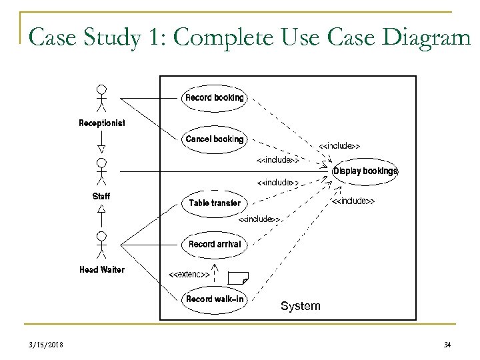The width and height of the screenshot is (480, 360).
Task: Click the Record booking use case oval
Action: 214,98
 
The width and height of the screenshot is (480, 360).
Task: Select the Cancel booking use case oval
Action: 214,139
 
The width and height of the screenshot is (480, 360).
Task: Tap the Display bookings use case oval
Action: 365,171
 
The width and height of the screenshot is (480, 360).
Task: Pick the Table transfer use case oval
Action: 214,203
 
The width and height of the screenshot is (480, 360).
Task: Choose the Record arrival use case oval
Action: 214,244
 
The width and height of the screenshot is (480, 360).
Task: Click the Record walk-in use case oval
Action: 214,299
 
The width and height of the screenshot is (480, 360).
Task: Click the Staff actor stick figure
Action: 101,171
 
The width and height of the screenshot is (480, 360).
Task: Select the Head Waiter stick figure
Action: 101,244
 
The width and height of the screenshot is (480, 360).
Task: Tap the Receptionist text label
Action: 101,123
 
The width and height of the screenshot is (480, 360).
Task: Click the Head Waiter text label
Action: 101,269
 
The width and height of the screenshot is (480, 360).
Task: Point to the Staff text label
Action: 101,196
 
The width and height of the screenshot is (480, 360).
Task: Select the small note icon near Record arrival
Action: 238,277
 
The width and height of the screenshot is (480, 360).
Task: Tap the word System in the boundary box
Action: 300,307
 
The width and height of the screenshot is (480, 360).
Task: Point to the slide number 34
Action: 447,344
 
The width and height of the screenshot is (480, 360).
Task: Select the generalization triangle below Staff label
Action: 101,209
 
